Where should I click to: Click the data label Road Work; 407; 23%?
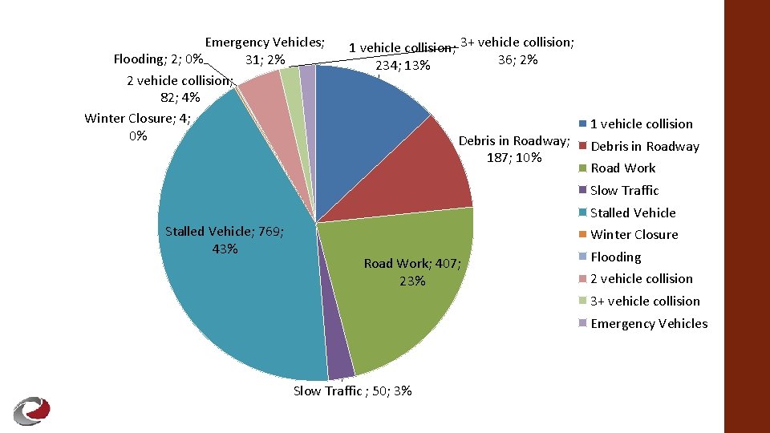coord(411,272)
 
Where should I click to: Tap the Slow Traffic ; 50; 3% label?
coord(353,391)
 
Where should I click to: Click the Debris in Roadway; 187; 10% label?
coord(514,149)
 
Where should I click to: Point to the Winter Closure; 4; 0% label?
coord(137,127)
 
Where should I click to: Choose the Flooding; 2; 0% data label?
coord(157,59)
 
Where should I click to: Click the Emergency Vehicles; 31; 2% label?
coord(265,51)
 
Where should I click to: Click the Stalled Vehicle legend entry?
coord(633,212)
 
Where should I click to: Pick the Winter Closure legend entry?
coord(634,235)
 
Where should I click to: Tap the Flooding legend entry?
coord(615,257)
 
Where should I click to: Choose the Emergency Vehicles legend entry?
coord(649,324)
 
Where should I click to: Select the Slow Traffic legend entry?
coord(624,191)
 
